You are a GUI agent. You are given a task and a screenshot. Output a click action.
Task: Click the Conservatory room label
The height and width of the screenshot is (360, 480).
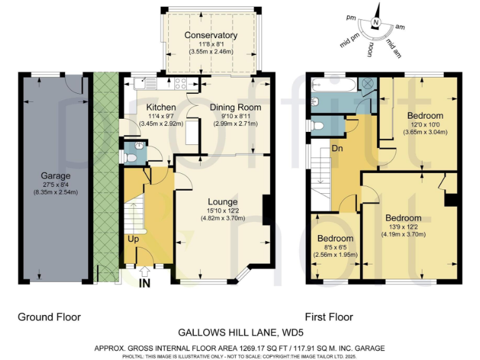click(x=211, y=36)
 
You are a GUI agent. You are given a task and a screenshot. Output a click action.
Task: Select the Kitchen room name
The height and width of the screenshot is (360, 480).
click(x=161, y=107)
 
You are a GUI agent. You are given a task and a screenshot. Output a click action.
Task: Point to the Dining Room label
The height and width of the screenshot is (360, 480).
click(x=235, y=107)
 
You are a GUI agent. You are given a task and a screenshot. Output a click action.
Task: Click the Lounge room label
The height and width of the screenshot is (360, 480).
click(x=222, y=202)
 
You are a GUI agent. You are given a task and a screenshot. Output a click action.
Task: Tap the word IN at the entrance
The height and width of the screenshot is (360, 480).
click(x=145, y=284)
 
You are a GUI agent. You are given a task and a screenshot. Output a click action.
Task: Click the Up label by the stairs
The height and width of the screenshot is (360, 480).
click(x=134, y=239)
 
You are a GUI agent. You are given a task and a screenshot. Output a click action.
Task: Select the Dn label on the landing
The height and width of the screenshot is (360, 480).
click(x=337, y=149)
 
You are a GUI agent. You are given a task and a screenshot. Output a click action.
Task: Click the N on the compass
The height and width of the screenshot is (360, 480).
click(x=376, y=23)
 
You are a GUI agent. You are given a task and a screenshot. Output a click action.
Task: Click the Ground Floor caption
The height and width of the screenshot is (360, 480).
click(x=49, y=317)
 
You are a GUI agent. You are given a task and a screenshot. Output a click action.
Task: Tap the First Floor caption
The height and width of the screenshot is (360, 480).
click(x=329, y=317)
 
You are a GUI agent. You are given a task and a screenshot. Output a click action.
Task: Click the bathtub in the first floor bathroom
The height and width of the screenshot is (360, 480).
click(x=336, y=83)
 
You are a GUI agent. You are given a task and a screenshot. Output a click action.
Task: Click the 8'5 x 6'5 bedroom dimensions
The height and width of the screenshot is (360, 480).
click(x=335, y=247)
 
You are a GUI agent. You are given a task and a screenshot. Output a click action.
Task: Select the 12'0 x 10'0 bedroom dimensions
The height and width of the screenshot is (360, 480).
click(x=425, y=124)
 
